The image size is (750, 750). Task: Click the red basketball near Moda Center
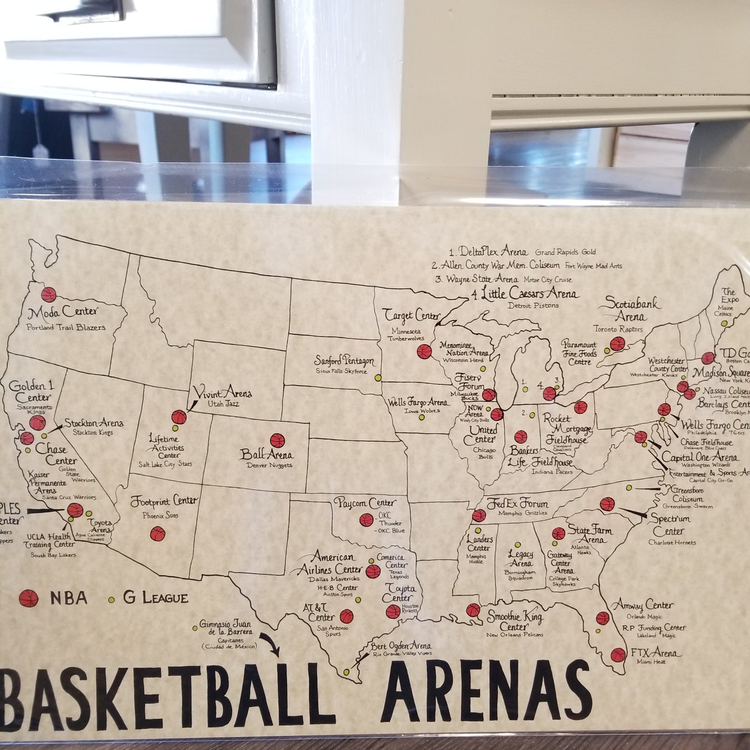click(x=49, y=295)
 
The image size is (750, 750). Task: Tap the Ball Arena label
click(x=266, y=455)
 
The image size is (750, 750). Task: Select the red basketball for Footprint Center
click(x=158, y=534)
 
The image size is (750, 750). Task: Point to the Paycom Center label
click(x=364, y=503)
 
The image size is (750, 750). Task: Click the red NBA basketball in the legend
click(x=29, y=598)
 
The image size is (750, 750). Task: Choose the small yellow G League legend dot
click(x=111, y=599)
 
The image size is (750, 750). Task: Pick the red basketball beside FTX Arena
click(x=618, y=655)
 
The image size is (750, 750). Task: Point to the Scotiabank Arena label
click(x=631, y=310)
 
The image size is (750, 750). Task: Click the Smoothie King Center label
click(x=515, y=621)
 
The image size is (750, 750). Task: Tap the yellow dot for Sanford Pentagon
click(x=378, y=377)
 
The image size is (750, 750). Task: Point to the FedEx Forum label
click(x=517, y=503)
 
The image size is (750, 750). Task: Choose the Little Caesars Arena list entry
click(x=524, y=294)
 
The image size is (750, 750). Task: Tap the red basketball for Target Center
click(x=424, y=351)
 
